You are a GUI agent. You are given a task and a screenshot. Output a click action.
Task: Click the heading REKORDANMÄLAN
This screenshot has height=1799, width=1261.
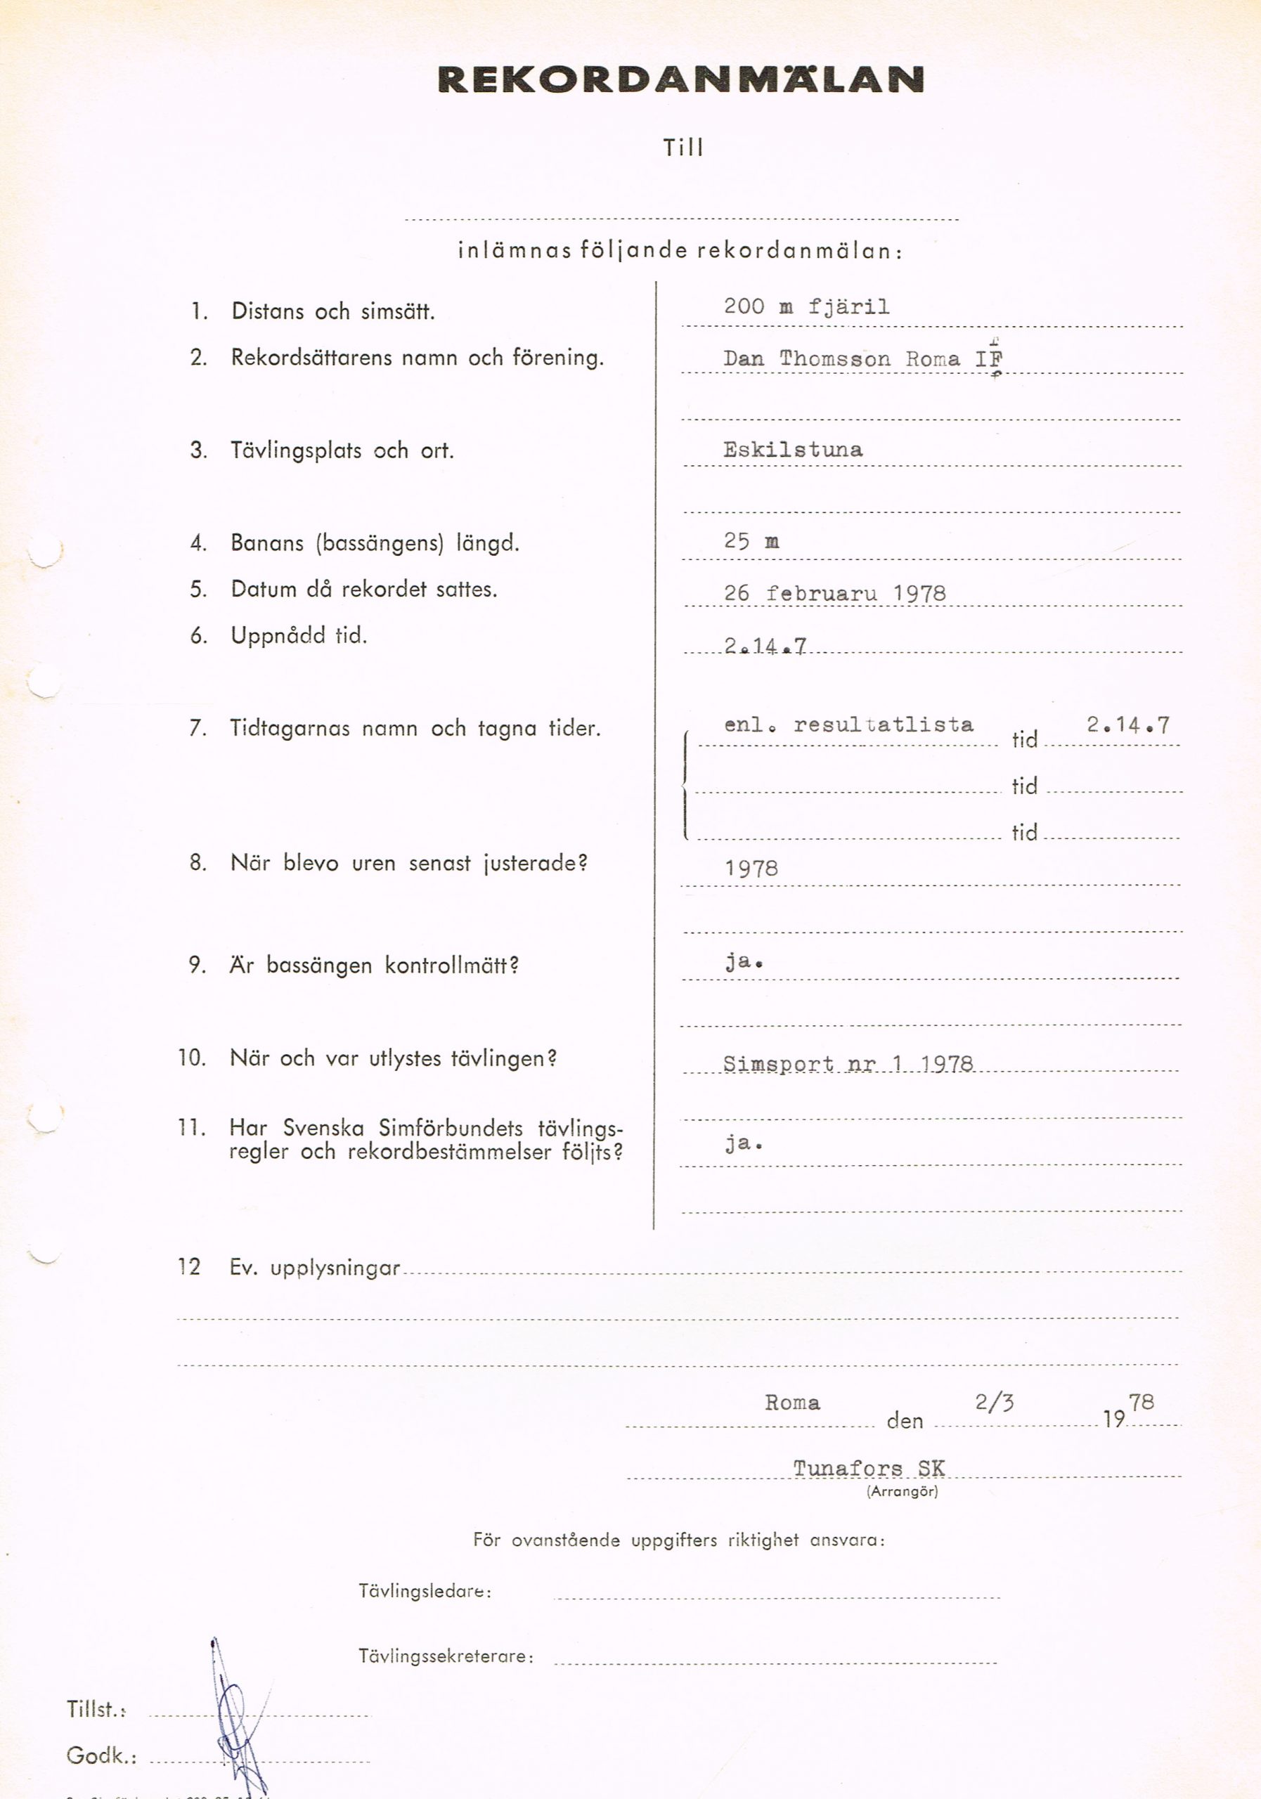tap(680, 80)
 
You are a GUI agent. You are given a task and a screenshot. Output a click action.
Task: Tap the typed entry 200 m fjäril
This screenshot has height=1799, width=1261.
tap(806, 306)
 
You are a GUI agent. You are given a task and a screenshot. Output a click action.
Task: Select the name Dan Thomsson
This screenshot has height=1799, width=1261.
tap(806, 359)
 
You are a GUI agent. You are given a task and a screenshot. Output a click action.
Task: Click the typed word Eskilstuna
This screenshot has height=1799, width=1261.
tap(792, 450)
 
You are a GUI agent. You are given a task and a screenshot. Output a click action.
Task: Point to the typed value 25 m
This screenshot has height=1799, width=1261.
tap(751, 541)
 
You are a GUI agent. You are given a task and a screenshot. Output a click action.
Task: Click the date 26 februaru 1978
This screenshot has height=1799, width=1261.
tap(834, 593)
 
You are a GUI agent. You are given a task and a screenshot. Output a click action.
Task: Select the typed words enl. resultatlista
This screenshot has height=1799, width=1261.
tap(848, 725)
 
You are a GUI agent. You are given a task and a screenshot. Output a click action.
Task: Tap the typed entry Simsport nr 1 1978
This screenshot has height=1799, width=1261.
tap(847, 1064)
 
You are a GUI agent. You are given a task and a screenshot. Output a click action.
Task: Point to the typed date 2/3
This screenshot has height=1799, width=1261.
tap(994, 1403)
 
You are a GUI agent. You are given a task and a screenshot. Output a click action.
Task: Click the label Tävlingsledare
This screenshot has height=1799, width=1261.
tap(425, 1592)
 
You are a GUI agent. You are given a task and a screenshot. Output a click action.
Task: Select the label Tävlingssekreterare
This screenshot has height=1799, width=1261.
tap(446, 1656)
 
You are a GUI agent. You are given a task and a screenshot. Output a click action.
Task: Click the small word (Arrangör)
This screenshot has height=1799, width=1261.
tap(902, 1492)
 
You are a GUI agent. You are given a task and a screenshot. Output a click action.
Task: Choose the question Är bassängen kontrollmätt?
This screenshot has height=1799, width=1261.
tap(374, 966)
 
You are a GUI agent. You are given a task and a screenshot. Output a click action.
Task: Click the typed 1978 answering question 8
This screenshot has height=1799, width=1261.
tap(751, 868)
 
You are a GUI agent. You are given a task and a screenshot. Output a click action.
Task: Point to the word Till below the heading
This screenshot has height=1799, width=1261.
tap(683, 148)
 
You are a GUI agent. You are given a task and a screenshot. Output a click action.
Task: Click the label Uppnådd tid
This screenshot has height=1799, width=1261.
tap(299, 635)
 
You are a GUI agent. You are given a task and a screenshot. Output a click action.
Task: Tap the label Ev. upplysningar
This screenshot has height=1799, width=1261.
tap(314, 1268)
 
